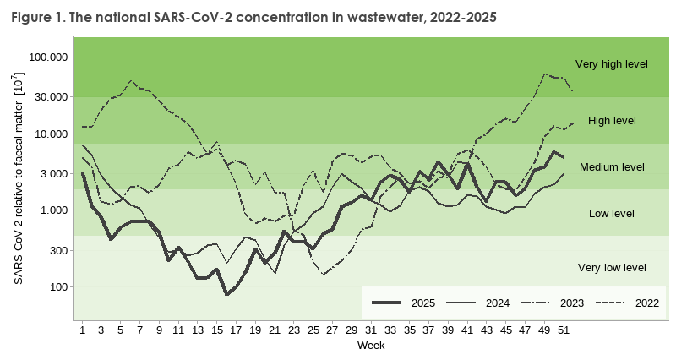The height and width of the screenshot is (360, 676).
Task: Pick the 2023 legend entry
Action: click(x=571, y=302)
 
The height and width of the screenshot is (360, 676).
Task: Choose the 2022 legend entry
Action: click(x=646, y=302)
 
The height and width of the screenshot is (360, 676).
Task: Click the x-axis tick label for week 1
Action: click(x=83, y=330)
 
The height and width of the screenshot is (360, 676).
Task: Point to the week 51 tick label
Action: click(x=563, y=330)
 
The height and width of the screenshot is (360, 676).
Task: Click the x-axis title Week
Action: click(x=371, y=346)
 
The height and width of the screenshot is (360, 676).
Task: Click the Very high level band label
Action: click(x=611, y=63)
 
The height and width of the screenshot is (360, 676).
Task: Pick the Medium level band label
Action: click(x=612, y=167)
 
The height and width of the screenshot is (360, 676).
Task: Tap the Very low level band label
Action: click(x=612, y=267)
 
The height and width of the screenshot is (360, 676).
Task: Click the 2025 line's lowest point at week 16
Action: click(x=226, y=294)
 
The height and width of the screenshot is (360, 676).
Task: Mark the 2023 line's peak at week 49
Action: click(x=545, y=74)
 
